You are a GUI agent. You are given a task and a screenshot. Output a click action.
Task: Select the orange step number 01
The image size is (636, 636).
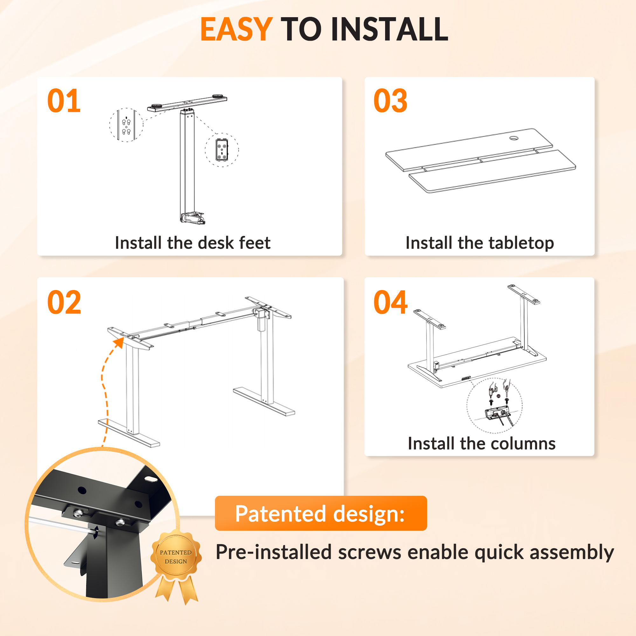tap(64, 101)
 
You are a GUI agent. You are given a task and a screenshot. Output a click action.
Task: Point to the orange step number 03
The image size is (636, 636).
tap(391, 101)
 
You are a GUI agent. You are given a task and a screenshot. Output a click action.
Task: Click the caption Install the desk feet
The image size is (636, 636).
tap(193, 243)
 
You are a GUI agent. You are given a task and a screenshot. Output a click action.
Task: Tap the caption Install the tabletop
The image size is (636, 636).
tap(480, 243)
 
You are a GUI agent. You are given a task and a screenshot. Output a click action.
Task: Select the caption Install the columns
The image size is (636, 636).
tap(481, 443)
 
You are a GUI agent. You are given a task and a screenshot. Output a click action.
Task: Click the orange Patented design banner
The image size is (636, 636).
tap(321, 514)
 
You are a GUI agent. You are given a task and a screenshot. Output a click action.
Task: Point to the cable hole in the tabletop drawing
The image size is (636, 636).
tap(514, 138)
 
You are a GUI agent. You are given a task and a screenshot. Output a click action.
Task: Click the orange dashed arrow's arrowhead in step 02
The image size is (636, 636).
tap(119, 342)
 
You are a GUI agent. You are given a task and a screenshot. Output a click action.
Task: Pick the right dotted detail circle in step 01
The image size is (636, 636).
tap(222, 150)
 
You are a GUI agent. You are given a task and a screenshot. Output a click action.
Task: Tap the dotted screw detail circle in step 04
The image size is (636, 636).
tap(494, 405)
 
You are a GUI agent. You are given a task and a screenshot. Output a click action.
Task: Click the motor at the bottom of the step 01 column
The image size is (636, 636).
tap(193, 218)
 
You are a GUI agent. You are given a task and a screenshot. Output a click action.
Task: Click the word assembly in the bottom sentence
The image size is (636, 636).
tap(571, 552)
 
